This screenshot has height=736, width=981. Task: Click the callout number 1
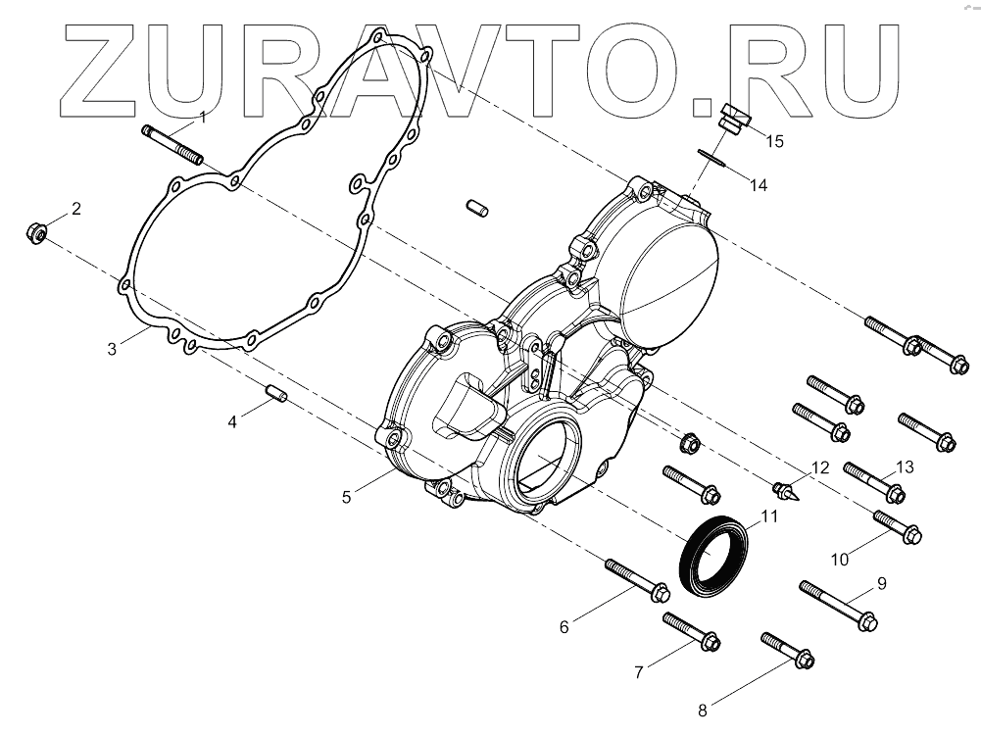click(x=203, y=118)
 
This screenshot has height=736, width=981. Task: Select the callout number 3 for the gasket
click(x=113, y=349)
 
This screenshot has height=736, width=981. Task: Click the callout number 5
click(x=347, y=497)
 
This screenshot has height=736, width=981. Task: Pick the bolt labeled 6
click(x=637, y=580)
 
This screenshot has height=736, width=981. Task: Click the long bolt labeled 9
click(x=838, y=605)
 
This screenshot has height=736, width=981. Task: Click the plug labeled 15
click(x=730, y=118)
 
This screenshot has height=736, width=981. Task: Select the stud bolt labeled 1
click(x=172, y=143)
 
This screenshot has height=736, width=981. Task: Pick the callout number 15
click(x=774, y=141)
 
